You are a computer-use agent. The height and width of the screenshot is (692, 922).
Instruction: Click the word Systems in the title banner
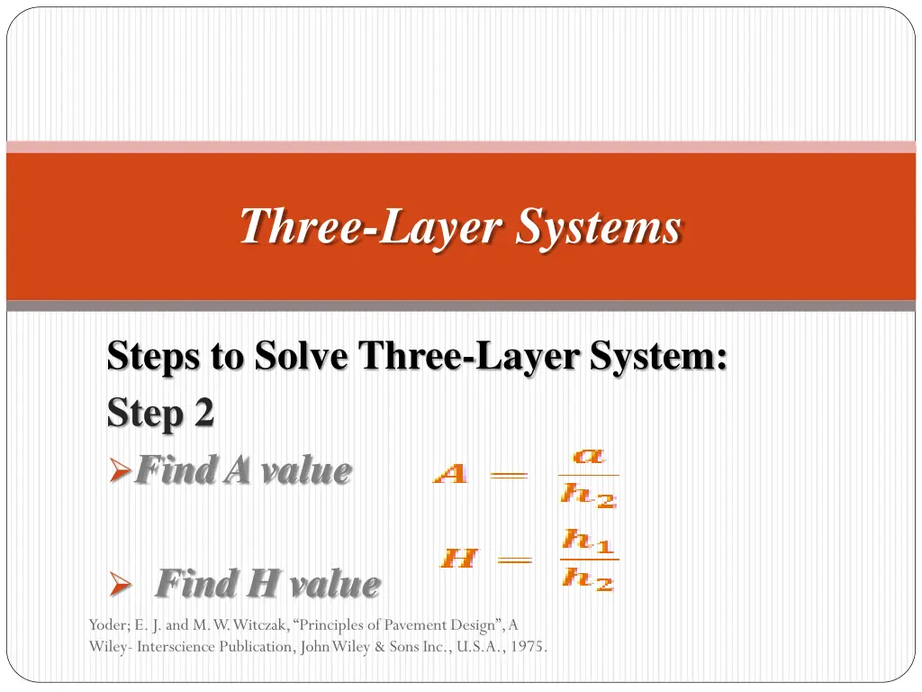599,226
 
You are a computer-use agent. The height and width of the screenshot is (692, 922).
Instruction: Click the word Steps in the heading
153,357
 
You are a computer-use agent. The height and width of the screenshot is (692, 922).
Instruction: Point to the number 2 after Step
203,413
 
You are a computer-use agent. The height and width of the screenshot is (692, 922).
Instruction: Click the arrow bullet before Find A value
120,470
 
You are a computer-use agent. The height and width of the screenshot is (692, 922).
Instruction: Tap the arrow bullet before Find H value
121,584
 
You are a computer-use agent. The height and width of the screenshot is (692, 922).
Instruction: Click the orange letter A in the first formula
450,473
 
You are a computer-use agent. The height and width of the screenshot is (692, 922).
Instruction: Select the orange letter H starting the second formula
458,557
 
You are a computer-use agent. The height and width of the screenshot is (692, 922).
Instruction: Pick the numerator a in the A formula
588,455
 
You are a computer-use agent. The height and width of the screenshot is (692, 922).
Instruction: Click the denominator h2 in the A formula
588,495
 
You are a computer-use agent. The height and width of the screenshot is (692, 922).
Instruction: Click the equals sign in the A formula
510,474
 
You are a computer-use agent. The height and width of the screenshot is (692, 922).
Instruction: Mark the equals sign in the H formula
514,560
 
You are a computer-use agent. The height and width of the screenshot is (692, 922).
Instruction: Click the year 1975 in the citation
527,646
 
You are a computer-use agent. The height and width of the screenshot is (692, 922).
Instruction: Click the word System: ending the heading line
658,357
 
